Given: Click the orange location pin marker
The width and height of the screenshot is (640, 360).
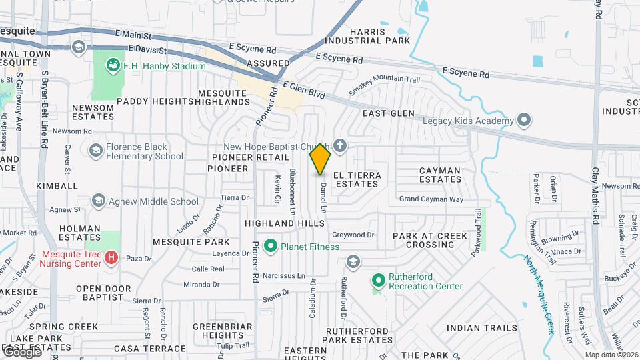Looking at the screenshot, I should [320, 159].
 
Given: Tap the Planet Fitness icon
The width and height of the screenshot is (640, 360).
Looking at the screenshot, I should [271, 247].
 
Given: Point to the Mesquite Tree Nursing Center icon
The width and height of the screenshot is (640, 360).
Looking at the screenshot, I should [111, 257].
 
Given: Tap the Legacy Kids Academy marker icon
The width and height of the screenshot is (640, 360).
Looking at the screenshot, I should [524, 121].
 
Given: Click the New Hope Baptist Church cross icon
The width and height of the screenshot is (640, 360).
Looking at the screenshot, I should [340, 146].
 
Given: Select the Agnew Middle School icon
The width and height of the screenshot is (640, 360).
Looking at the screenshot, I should [99, 201].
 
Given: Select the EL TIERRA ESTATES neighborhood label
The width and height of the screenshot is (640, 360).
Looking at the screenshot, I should [358, 179].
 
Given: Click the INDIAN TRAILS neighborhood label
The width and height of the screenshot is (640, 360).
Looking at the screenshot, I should [473, 328].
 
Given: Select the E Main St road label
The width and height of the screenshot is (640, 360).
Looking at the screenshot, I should [134, 33].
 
